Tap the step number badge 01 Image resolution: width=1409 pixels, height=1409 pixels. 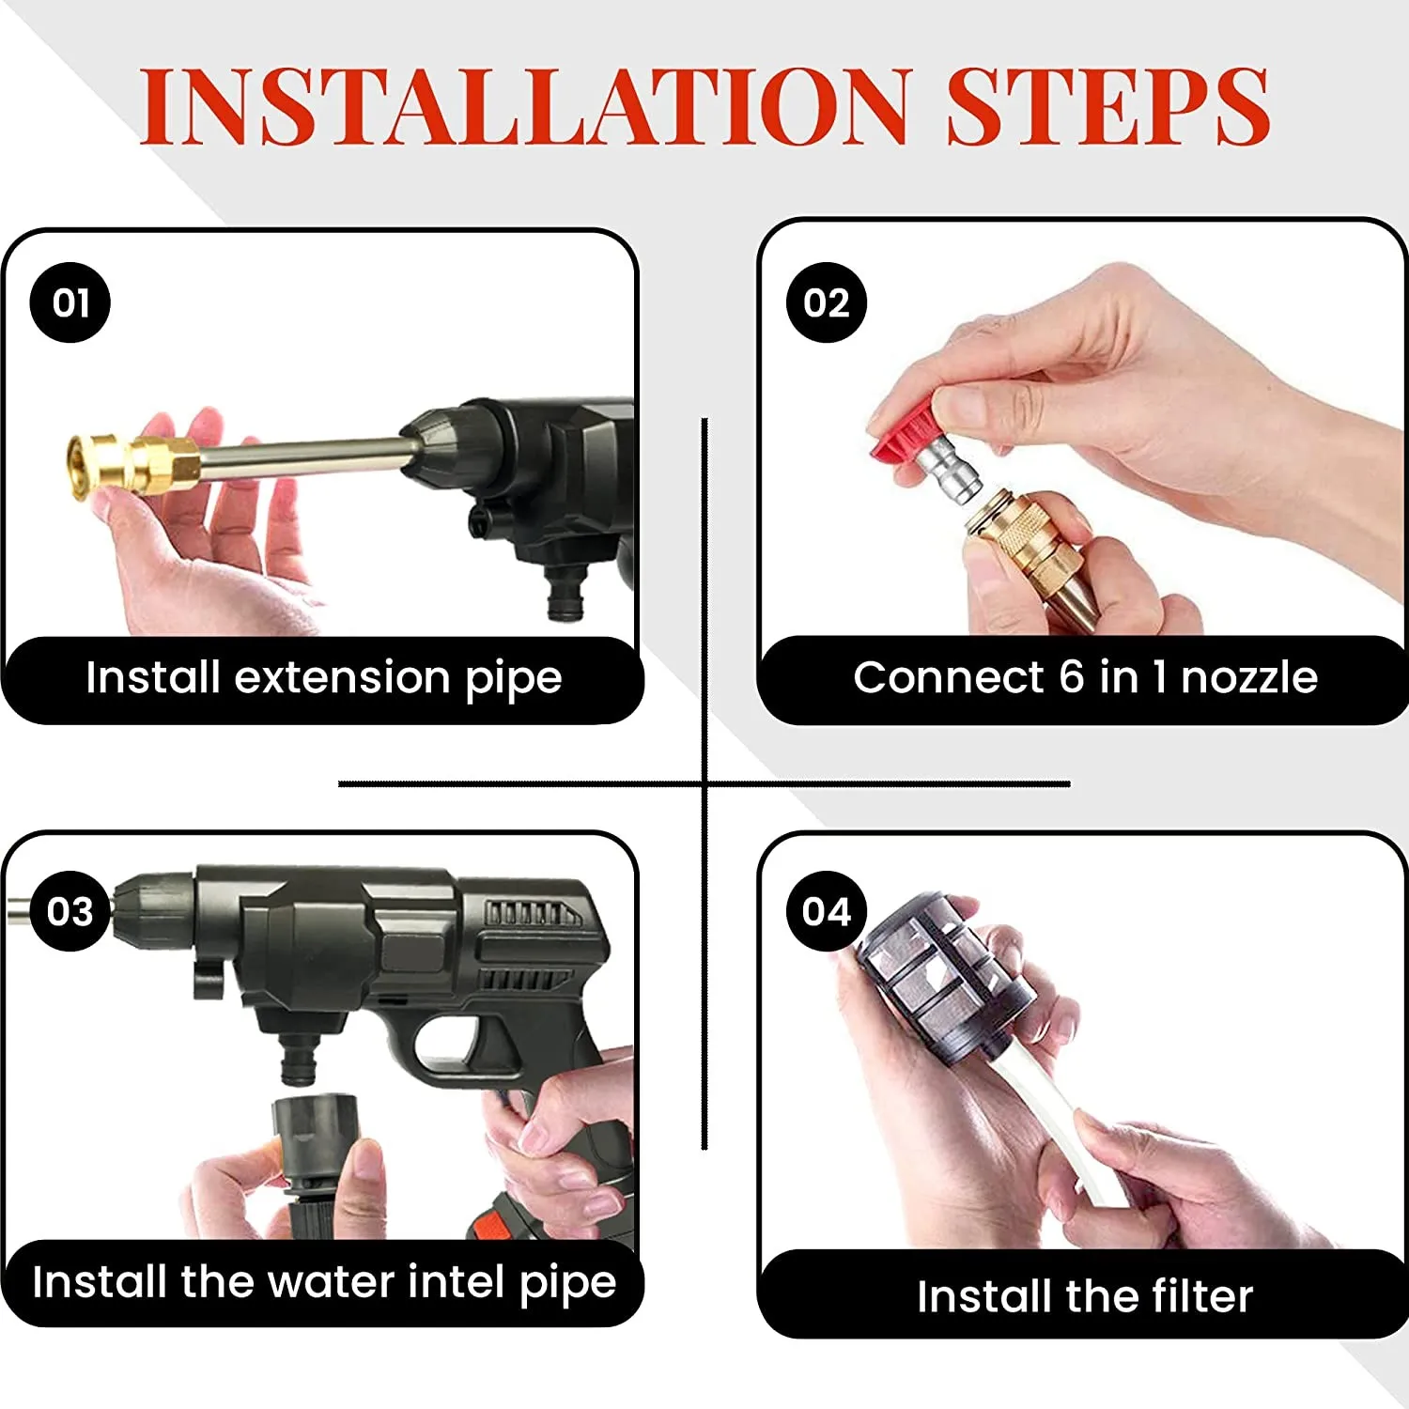[x=70, y=302]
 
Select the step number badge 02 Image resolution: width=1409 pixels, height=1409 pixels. [x=827, y=302]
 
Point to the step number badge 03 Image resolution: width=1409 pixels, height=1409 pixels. [x=70, y=911]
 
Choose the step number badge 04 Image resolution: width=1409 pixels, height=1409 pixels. [x=827, y=911]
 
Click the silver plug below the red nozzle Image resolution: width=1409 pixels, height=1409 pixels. [x=949, y=475]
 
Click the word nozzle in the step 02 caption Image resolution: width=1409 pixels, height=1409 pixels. [x=1249, y=678]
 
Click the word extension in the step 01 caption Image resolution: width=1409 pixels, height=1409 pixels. [x=342, y=678]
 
